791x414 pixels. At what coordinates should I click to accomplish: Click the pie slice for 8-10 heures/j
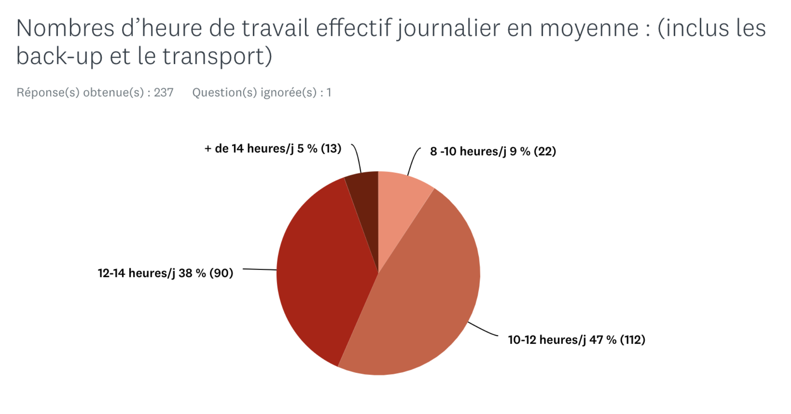pos(399,204)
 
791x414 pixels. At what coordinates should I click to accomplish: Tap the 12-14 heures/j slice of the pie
pos(324,271)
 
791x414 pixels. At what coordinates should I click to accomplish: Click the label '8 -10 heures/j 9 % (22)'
pos(493,151)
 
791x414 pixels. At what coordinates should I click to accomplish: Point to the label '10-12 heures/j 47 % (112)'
pos(576,340)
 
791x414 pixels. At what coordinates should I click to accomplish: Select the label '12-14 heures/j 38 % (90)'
pos(165,273)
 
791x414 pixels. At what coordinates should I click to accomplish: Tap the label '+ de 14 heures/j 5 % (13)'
pos(273,149)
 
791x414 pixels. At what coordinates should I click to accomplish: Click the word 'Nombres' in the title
pos(65,28)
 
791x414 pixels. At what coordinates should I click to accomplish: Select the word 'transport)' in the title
pos(217,57)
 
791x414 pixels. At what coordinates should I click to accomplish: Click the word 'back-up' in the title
pos(59,57)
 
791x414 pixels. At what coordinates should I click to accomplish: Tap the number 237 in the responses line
pos(163,92)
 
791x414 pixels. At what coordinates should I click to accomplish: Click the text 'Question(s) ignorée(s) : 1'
pos(262,92)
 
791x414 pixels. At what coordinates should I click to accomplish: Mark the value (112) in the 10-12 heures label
pos(633,340)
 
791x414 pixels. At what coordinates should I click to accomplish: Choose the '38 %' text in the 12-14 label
pos(192,273)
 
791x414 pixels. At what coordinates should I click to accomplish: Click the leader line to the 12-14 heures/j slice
pos(260,269)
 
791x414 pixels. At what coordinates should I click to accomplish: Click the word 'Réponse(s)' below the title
pos(48,92)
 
